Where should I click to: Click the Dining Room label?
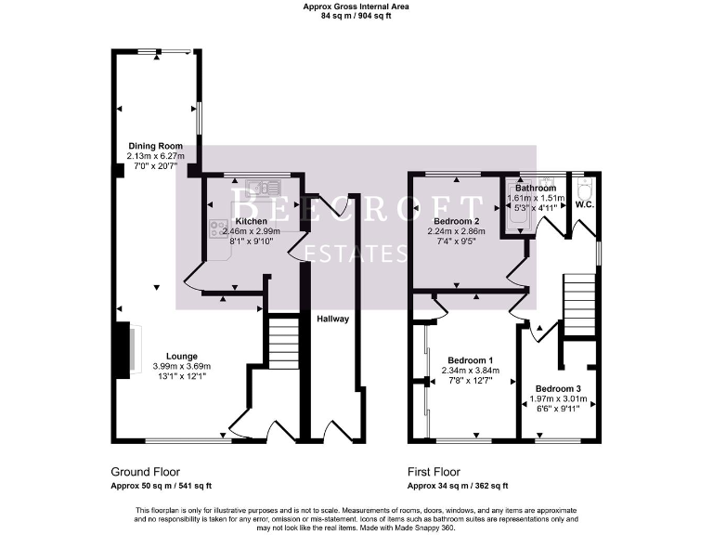tap(155, 146)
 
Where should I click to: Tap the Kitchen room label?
tap(251, 221)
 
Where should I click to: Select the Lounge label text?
tap(181, 356)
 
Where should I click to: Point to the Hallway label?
tap(333, 319)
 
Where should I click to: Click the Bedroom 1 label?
tap(470, 360)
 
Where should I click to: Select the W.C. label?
tap(585, 203)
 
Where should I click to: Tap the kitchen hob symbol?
tap(218, 229)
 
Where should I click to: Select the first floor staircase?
tap(577, 297)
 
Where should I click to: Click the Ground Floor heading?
tap(146, 472)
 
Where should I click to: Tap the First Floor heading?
tap(434, 472)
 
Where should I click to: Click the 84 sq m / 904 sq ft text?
tap(356, 16)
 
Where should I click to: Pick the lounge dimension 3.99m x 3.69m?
tap(181, 366)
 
